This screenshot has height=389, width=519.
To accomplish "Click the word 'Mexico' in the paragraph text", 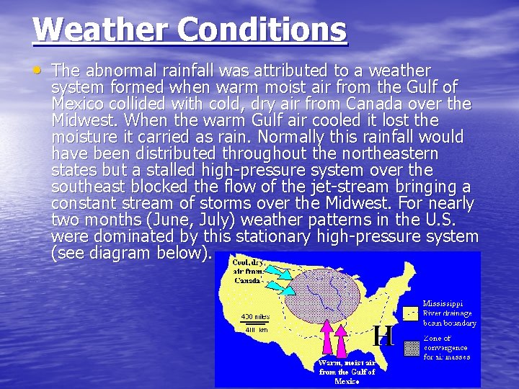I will [78, 104].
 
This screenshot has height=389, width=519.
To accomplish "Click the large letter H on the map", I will [383, 336].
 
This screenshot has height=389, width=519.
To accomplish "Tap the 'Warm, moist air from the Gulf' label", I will [347, 371].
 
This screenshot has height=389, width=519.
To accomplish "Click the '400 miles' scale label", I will [256, 316].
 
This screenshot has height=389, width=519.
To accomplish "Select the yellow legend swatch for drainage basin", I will [411, 313].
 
